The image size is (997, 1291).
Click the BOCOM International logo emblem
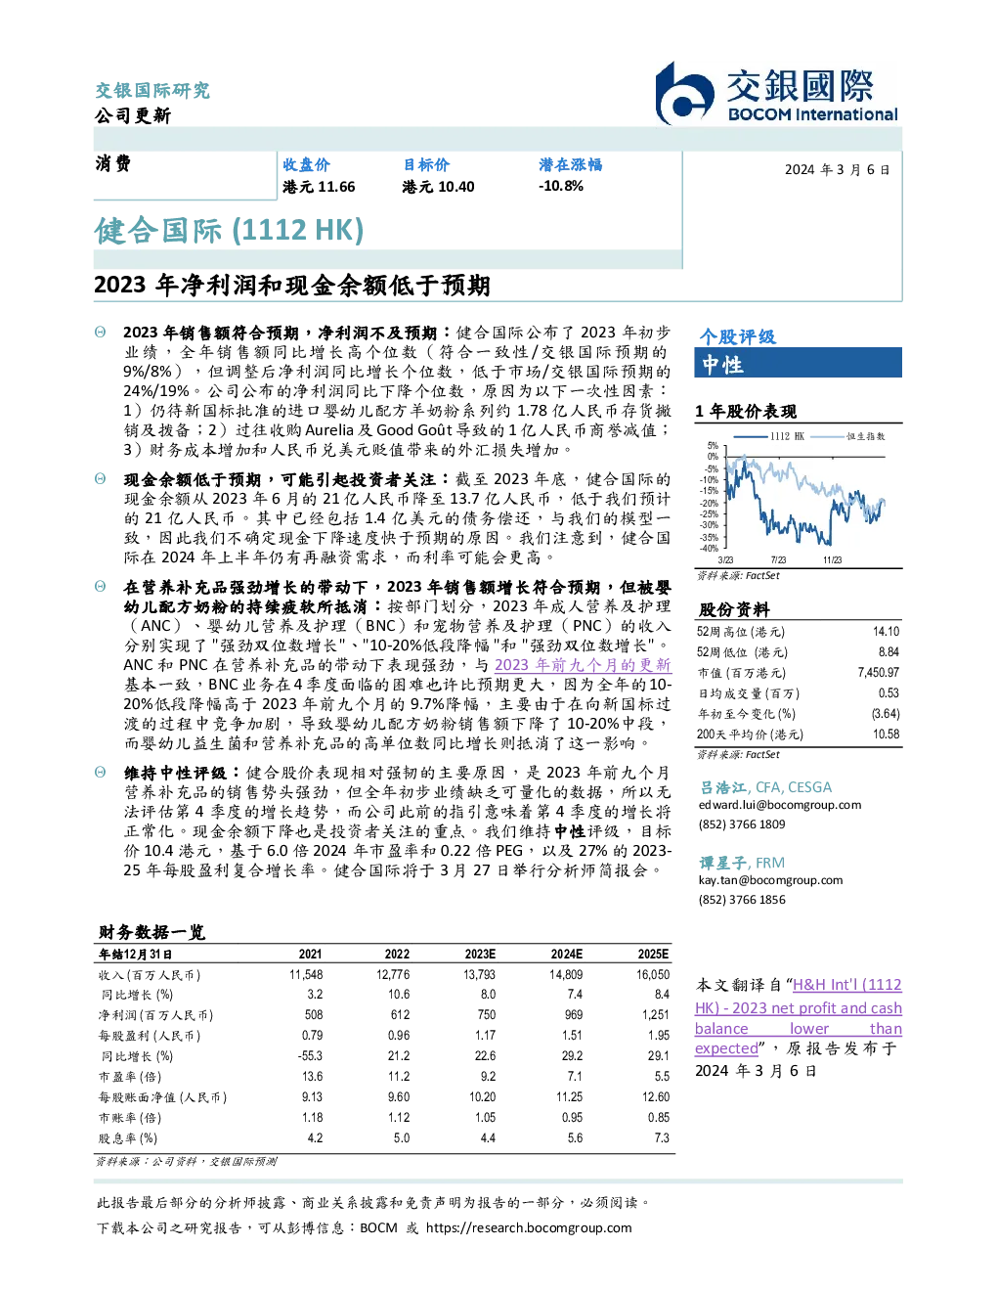point(684,94)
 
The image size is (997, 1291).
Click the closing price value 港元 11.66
point(319,187)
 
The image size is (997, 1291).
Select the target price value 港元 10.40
point(438,187)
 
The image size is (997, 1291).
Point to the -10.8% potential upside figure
point(561,186)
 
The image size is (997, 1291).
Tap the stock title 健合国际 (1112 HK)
point(229,230)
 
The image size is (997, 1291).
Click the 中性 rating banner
point(798,363)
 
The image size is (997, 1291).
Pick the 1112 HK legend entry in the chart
point(769,436)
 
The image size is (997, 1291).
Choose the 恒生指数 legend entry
point(848,436)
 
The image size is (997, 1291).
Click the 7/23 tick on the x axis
point(778,559)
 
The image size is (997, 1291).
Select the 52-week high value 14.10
point(886,632)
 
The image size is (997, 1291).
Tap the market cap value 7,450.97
point(878,673)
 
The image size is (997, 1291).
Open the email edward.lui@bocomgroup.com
point(780,805)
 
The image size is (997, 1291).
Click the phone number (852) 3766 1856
point(742,900)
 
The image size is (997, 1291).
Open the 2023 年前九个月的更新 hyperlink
point(583,665)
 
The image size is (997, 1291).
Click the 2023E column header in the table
point(480,955)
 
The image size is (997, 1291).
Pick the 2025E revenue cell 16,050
point(653,975)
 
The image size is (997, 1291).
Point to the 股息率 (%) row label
point(128,1138)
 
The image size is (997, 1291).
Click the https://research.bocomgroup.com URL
point(529,1228)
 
